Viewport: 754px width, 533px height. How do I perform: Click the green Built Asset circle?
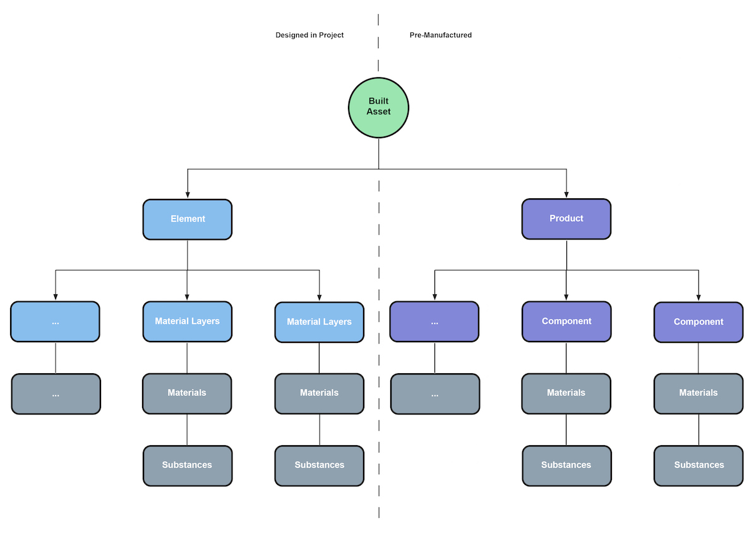tap(378, 107)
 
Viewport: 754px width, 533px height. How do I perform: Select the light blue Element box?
tap(188, 219)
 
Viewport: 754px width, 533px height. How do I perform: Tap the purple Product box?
tap(566, 219)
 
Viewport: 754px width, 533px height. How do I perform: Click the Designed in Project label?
tap(309, 35)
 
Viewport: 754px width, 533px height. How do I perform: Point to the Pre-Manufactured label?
tap(441, 35)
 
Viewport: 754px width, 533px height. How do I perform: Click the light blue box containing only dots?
tap(56, 322)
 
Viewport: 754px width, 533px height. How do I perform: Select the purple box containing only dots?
tap(434, 322)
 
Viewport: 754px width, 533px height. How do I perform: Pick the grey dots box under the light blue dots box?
tap(56, 394)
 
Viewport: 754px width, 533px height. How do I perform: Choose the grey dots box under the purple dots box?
tap(434, 394)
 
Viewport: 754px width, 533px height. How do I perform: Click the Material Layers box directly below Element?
tap(188, 321)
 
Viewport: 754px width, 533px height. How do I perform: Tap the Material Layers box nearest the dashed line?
tap(320, 322)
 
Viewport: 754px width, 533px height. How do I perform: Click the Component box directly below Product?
tap(566, 321)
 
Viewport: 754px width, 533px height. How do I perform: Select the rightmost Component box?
tap(698, 322)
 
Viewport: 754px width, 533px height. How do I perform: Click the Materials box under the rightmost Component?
tap(698, 393)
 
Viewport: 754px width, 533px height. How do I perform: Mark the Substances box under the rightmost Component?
tap(698, 465)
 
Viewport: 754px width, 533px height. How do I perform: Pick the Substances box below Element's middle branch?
tap(188, 465)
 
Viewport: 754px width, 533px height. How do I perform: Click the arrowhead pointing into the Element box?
tap(188, 195)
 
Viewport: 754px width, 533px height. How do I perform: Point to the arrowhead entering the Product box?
tap(566, 195)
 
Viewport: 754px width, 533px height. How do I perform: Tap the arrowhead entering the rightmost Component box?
tap(698, 297)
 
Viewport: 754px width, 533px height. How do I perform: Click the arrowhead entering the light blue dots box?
tap(56, 297)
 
